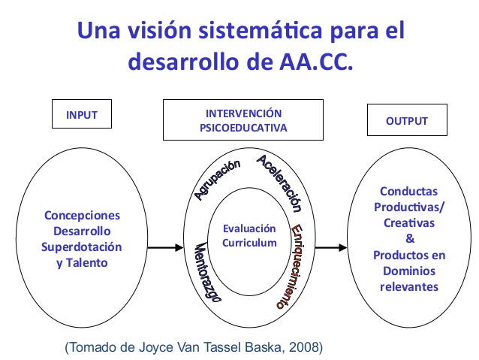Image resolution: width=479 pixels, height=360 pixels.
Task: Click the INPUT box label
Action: click(x=83, y=116)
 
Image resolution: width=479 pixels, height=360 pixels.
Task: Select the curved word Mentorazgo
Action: click(x=207, y=273)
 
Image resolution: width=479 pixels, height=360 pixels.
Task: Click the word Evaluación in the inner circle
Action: click(x=249, y=228)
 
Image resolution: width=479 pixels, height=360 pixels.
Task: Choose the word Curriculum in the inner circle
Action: click(x=249, y=242)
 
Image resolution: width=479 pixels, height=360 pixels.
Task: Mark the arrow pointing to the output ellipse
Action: click(x=331, y=247)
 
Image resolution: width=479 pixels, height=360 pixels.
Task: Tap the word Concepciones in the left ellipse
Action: click(x=83, y=215)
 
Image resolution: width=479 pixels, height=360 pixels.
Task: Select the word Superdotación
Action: click(x=83, y=247)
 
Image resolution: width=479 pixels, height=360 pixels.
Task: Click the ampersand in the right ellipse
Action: click(x=409, y=238)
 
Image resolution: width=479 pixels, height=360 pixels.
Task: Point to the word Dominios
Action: click(x=409, y=271)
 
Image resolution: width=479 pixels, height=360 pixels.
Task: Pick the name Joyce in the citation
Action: click(x=150, y=348)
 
